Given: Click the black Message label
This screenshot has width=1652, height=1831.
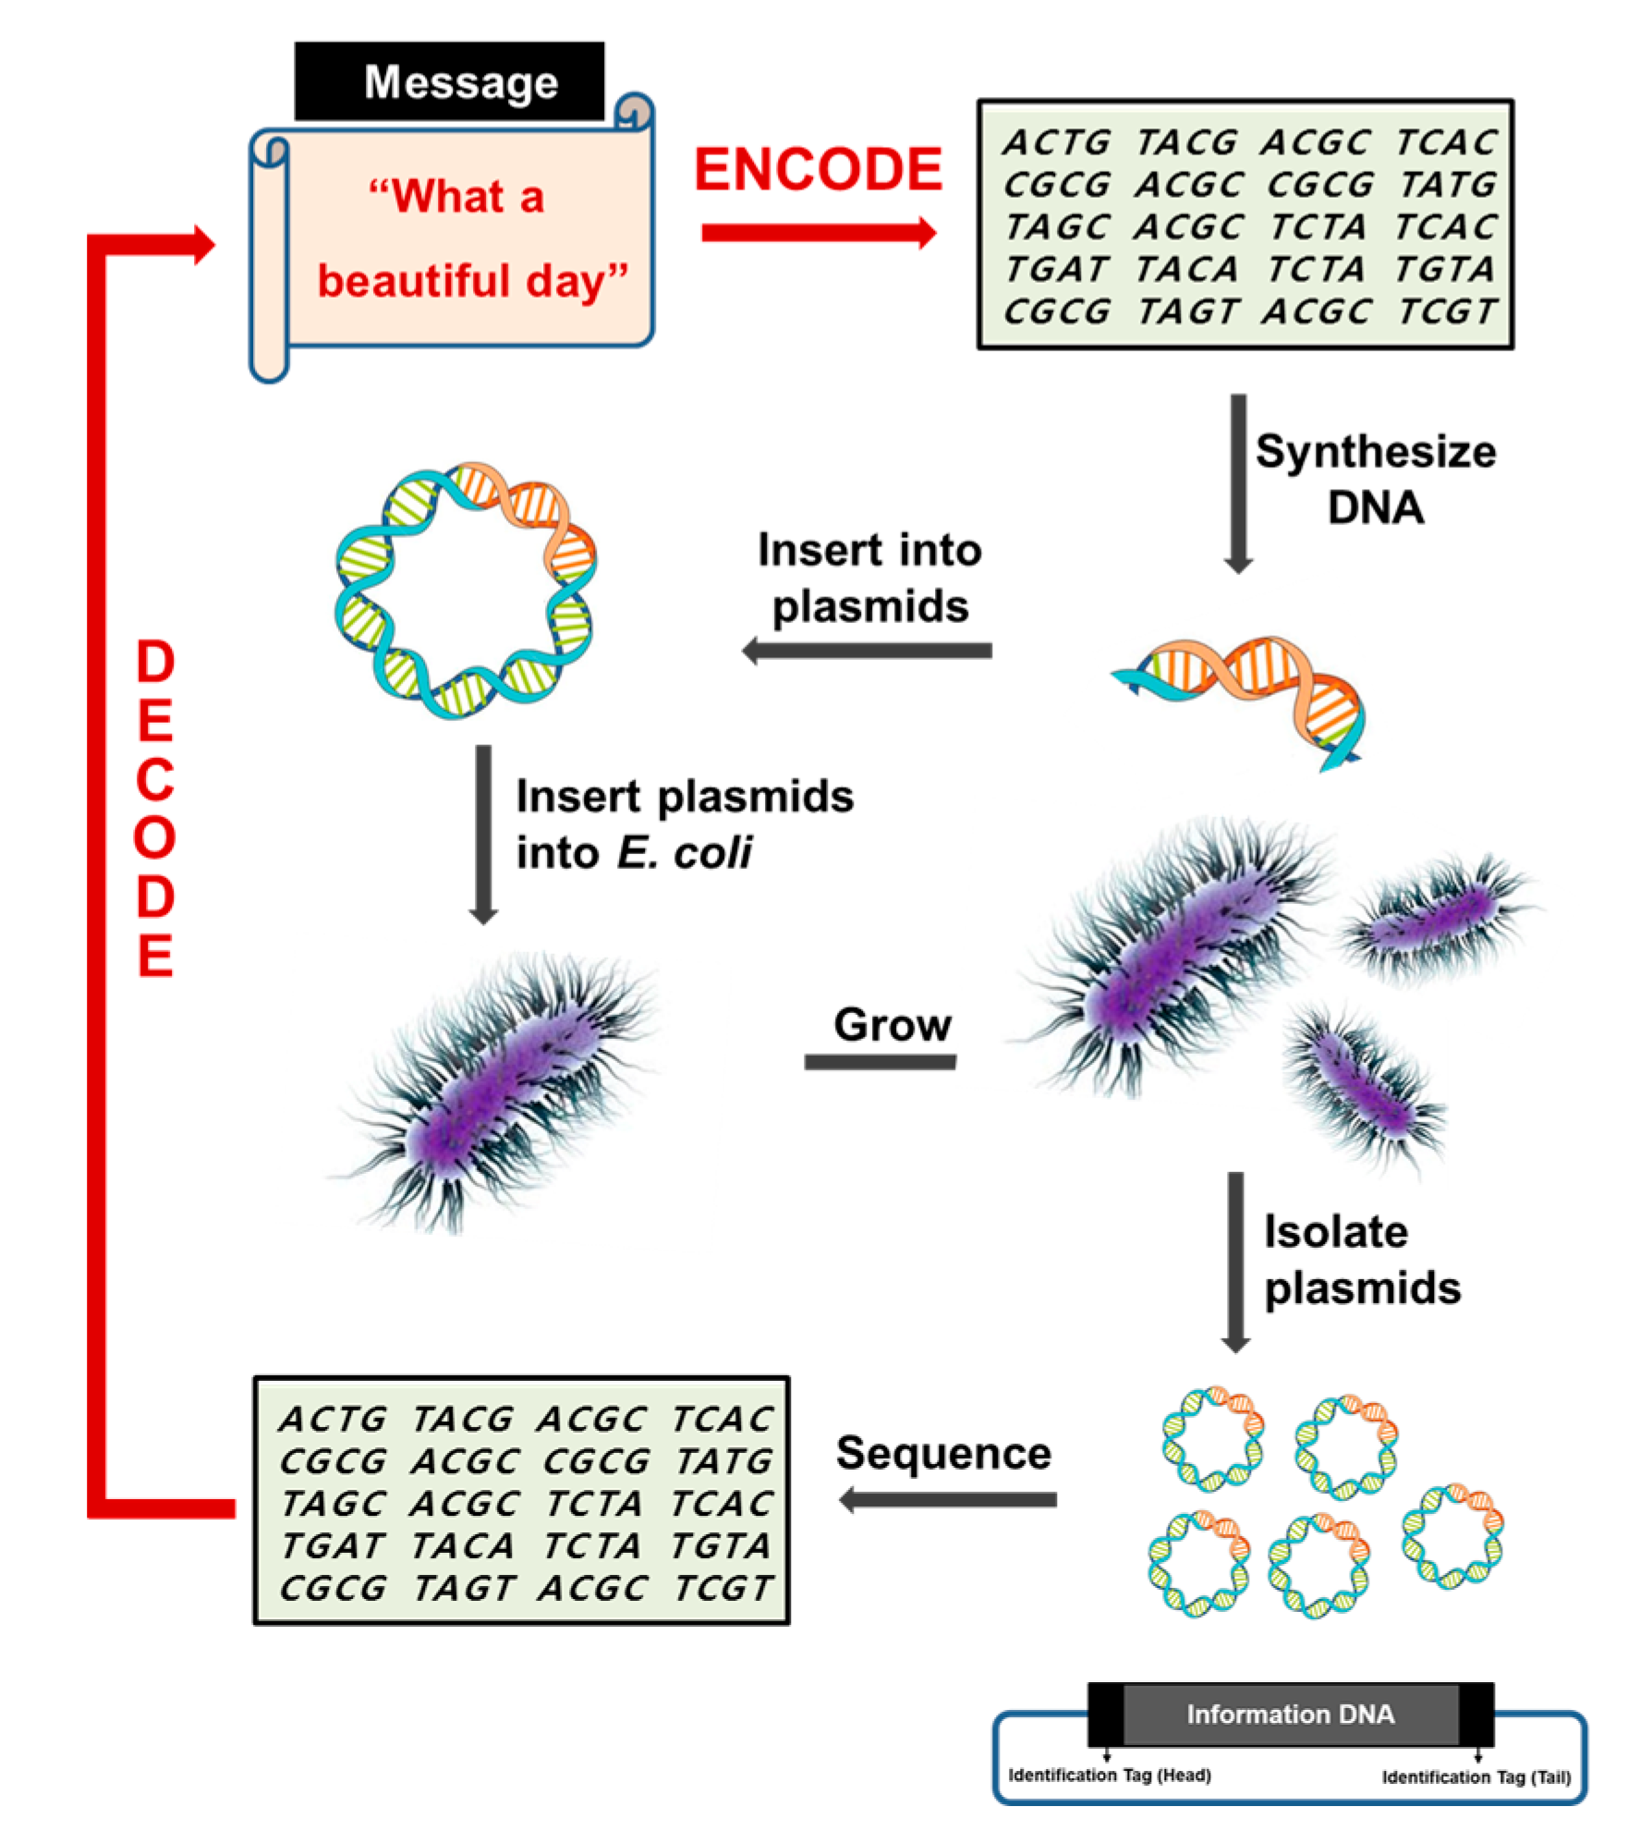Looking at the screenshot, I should click(450, 81).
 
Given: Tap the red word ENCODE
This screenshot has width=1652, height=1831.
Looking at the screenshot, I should click(818, 170).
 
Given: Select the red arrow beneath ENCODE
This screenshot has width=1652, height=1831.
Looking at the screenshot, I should click(819, 233).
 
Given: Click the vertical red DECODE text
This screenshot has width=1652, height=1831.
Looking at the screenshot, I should click(155, 808).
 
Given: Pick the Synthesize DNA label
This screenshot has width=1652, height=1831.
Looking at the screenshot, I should click(1375, 480).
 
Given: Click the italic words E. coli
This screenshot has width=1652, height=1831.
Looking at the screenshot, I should click(684, 852).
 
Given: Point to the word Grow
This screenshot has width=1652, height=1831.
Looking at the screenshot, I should click(892, 1025).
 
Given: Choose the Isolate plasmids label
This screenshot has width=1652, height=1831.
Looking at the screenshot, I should click(1361, 1260).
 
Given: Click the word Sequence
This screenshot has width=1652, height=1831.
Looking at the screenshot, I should click(943, 1453).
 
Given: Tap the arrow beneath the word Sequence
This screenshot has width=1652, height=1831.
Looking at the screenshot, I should click(948, 1499).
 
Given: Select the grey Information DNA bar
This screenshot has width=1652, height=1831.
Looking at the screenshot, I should click(1290, 1715).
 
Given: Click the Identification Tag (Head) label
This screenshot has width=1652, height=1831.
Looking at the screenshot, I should click(1109, 1775).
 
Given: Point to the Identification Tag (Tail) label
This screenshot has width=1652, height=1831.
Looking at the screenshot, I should click(1476, 1776).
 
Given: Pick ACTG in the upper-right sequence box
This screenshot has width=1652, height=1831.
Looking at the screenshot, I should click(1056, 142).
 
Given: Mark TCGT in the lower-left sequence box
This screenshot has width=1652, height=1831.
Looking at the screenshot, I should click(723, 1588).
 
